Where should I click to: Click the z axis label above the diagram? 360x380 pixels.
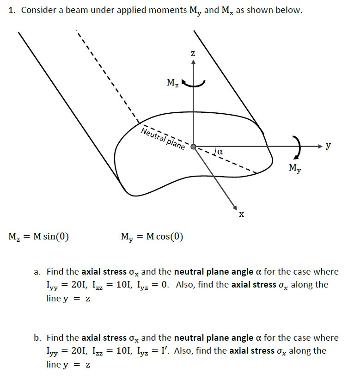pos(194,55)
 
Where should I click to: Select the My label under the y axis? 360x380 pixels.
pos(295,168)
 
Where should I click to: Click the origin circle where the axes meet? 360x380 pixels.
pos(194,147)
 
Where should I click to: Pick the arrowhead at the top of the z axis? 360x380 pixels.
pos(194,64)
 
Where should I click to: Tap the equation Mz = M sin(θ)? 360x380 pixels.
pos(39,237)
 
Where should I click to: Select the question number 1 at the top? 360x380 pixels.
pos(12,10)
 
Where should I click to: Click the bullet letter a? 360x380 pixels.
pos(37,272)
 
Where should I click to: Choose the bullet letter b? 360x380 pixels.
pos(37,338)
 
